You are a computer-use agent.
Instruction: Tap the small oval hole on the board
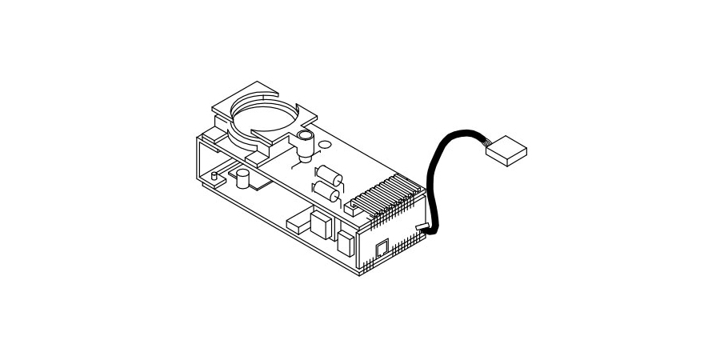(324, 145)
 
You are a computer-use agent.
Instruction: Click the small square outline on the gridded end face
(382, 247)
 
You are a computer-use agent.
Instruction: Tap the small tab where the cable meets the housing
(421, 230)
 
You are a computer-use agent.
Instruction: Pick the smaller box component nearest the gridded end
(346, 242)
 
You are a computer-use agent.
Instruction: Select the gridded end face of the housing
(392, 244)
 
